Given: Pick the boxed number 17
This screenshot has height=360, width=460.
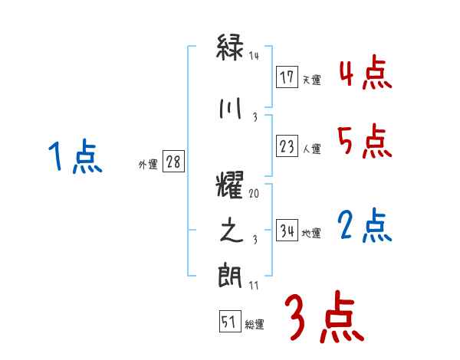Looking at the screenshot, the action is tap(287, 77).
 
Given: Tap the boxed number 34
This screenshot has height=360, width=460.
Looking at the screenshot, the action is tap(287, 231).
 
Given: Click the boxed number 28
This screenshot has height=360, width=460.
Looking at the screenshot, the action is tap(173, 162).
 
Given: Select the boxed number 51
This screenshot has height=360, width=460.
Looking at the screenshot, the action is tap(229, 322).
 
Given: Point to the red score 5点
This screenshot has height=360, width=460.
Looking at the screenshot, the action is tap(364, 142).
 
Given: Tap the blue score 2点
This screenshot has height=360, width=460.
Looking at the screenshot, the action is tap(364, 227).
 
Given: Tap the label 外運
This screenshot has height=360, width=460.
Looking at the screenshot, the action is tap(148, 165).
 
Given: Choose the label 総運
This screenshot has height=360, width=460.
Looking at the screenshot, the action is tap(255, 325).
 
